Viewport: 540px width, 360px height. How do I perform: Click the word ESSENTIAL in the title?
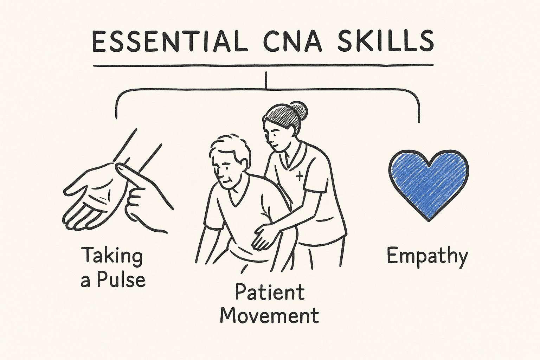(x=167, y=42)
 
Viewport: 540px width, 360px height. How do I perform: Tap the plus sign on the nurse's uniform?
(x=300, y=175)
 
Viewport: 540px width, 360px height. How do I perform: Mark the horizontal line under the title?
(x=263, y=65)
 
